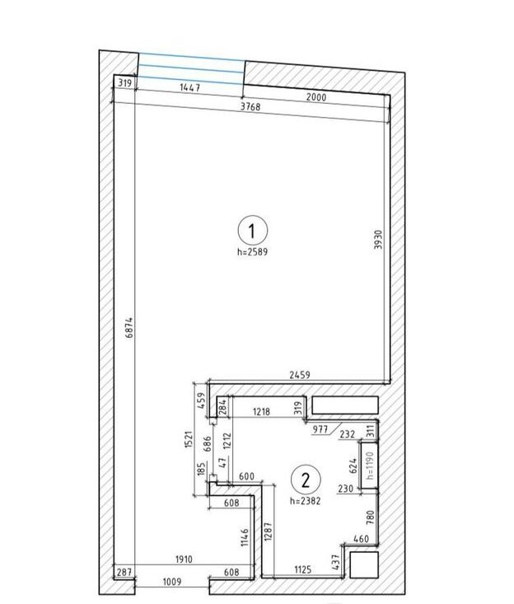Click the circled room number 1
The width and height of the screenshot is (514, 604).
point(252,231)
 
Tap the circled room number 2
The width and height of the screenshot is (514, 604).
point(306,480)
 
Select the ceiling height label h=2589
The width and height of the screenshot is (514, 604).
point(252,252)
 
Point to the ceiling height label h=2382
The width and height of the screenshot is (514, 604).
point(306,501)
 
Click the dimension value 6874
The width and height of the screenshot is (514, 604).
point(130,327)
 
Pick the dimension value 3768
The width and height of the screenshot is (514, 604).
point(250,106)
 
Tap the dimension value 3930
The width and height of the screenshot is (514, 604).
point(378,240)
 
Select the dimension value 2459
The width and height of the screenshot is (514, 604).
point(300,374)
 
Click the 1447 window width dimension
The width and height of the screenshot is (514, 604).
point(189,88)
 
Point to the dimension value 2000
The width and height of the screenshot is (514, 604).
point(316,97)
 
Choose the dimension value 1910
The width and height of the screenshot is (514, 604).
point(184,559)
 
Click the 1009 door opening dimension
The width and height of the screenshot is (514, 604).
point(171,582)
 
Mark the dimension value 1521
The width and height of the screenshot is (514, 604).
point(189,439)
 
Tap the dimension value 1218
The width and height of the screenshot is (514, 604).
point(261,412)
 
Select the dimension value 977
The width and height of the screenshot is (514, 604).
point(320,429)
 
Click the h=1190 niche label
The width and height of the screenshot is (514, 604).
point(371,466)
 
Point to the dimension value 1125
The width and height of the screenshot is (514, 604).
point(303,569)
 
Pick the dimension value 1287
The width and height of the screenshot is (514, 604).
point(269,531)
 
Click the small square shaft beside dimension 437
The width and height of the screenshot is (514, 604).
point(364,564)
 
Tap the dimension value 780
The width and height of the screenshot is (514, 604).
point(370,517)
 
